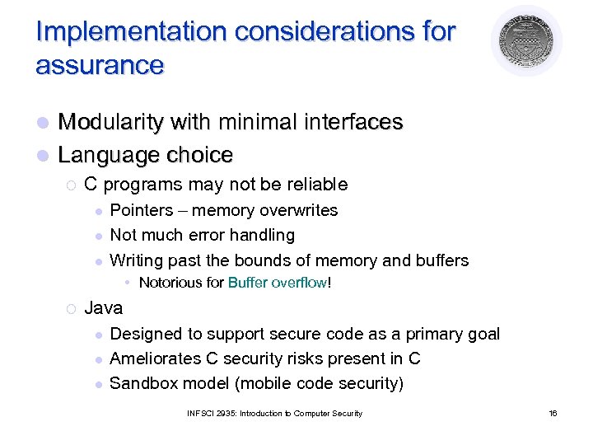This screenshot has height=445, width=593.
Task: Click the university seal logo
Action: pyautogui.click(x=525, y=40)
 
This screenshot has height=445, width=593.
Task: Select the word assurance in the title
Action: pyautogui.click(x=100, y=64)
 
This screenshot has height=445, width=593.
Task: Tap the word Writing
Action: pyautogui.click(x=136, y=260)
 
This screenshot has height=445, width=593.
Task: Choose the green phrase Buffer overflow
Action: pyautogui.click(x=277, y=283)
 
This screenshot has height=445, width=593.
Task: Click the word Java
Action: pyautogui.click(x=104, y=308)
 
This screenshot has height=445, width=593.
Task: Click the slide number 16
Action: pyautogui.click(x=553, y=413)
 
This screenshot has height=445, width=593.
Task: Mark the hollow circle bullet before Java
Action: pyautogui.click(x=71, y=309)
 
